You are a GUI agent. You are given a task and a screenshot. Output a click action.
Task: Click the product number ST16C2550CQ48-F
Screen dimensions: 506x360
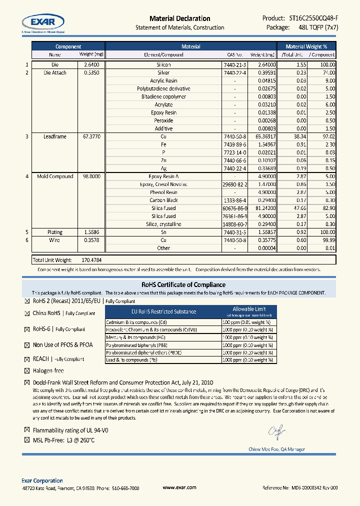pyautogui.click(x=313, y=18)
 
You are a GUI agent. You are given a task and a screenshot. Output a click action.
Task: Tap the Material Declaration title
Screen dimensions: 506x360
pyautogui.click(x=179, y=18)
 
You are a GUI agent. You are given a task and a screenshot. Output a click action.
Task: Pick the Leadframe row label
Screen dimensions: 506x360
pyautogui.click(x=55, y=136)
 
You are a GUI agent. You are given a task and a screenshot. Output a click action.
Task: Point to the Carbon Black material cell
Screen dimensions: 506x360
pyautogui.click(x=163, y=200)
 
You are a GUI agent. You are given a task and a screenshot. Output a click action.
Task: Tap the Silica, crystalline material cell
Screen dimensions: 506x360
pyautogui.click(x=163, y=224)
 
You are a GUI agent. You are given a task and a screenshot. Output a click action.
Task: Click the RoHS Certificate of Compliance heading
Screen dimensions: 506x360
pyautogui.click(x=179, y=284)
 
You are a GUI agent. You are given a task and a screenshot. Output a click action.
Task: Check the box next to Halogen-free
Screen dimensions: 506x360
pyautogui.click(x=27, y=371)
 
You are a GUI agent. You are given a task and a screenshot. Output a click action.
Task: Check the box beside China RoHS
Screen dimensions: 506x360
pyautogui.click(x=27, y=313)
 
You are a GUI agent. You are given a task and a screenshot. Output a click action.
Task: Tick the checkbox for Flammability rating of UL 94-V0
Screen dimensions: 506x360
pyautogui.click(x=27, y=430)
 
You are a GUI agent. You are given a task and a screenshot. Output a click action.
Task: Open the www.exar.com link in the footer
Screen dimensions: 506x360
pyautogui.click(x=179, y=487)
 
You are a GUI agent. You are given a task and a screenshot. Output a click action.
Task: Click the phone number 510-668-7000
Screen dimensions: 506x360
pyautogui.click(x=125, y=488)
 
